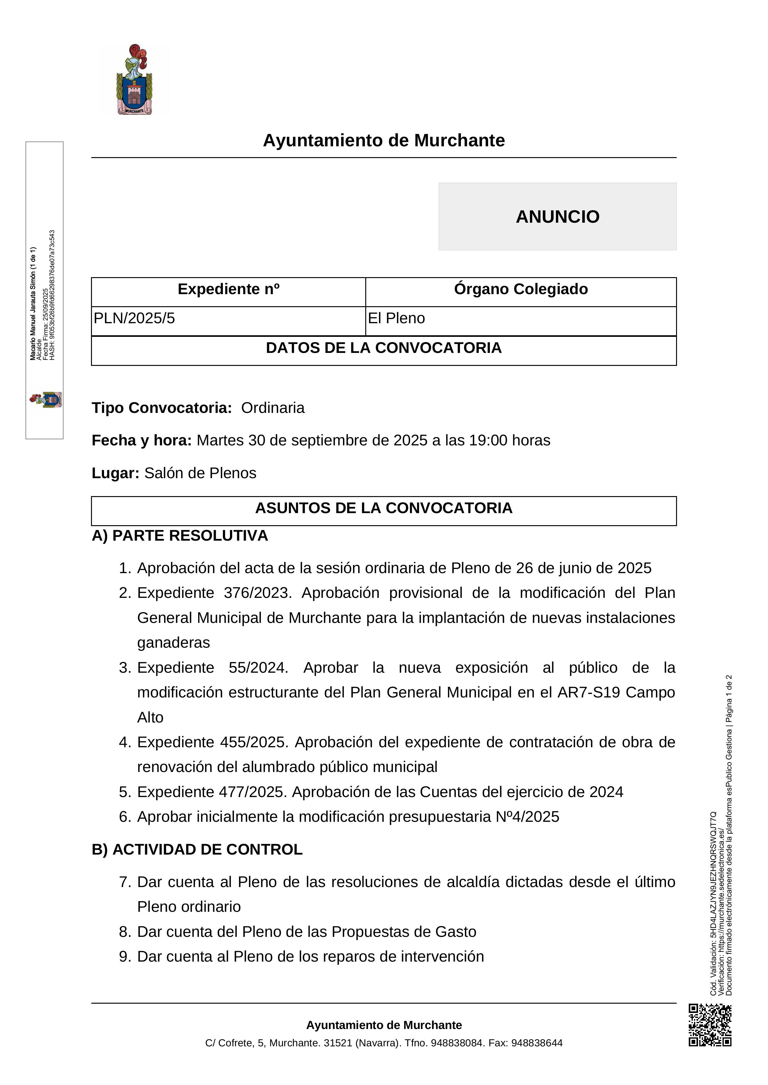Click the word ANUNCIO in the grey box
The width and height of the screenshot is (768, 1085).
[x=557, y=217]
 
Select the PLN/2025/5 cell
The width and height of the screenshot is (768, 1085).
[x=134, y=318]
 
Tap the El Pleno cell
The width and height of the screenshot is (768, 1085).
[x=396, y=318]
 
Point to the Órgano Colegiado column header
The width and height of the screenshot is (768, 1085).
[x=521, y=289]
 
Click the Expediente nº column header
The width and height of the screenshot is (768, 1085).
[x=228, y=289]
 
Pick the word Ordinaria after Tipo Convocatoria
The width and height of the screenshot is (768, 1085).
[x=273, y=408]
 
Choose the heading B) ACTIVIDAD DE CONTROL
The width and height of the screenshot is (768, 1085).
[x=197, y=849]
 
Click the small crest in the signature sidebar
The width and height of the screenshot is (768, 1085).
[x=46, y=400]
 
